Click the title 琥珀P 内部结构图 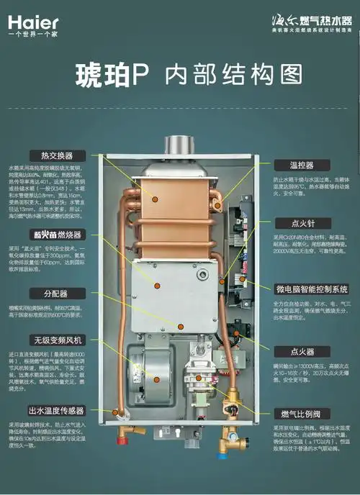(180, 75)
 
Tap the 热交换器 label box (57, 155)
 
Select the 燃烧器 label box (57, 235)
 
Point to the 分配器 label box (57, 294)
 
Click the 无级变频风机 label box (57, 340)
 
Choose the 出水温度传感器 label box (57, 411)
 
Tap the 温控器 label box (304, 165)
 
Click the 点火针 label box (304, 224)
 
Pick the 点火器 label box (304, 352)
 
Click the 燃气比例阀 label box (304, 414)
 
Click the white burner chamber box (173, 295)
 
